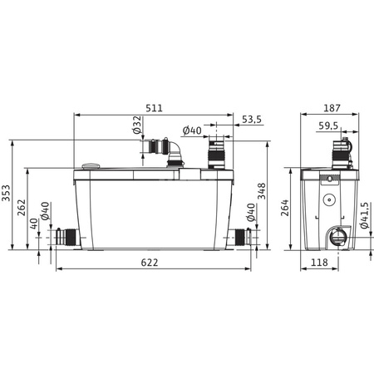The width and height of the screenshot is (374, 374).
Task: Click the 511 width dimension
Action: (x=154, y=108)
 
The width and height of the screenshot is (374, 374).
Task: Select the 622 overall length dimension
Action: (x=150, y=263)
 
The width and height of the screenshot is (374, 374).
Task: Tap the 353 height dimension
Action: (x=6, y=193)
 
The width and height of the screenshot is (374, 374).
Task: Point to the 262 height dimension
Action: (x=22, y=208)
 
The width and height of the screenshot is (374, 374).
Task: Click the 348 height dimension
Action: (x=261, y=191)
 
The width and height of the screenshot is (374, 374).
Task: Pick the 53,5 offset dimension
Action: (x=252, y=120)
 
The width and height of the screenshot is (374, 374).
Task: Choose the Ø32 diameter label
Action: (x=137, y=125)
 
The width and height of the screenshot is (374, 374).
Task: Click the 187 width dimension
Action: (x=332, y=108)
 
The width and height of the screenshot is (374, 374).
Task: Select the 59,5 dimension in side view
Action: (x=328, y=125)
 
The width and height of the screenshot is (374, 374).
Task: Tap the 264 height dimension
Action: (x=284, y=208)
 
